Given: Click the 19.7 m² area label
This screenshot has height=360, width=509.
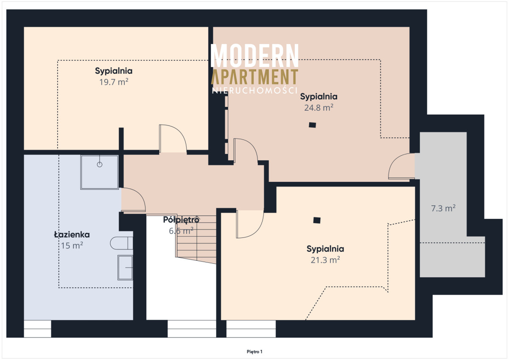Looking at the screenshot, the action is pyautogui.click(x=114, y=82).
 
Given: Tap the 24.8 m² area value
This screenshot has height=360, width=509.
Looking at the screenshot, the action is pyautogui.click(x=319, y=108).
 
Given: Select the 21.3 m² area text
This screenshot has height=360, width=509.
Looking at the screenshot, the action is pyautogui.click(x=325, y=260).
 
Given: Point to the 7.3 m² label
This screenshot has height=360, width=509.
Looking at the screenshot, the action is pyautogui.click(x=443, y=208).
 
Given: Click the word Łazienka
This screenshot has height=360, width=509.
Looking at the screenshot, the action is pyautogui.click(x=72, y=234).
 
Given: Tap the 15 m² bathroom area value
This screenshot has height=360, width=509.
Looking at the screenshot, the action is pyautogui.click(x=72, y=246).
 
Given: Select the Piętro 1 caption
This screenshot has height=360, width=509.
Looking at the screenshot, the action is pyautogui.click(x=255, y=352).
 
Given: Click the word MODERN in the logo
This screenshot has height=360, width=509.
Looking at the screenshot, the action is pyautogui.click(x=255, y=56).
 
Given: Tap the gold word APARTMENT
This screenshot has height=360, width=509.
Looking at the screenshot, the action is pyautogui.click(x=255, y=77).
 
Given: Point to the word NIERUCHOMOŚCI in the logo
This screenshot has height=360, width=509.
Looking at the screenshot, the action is pyautogui.click(x=255, y=90).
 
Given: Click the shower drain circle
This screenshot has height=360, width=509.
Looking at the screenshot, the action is pyautogui.click(x=100, y=165).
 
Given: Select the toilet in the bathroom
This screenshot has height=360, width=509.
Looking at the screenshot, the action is pyautogui.click(x=122, y=243).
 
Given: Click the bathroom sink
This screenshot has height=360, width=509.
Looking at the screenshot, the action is pyautogui.click(x=125, y=268).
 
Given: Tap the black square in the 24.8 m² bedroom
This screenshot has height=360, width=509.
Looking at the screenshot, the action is pyautogui.click(x=313, y=125).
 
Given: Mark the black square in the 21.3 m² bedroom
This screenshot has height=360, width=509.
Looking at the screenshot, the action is pyautogui.click(x=317, y=220).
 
